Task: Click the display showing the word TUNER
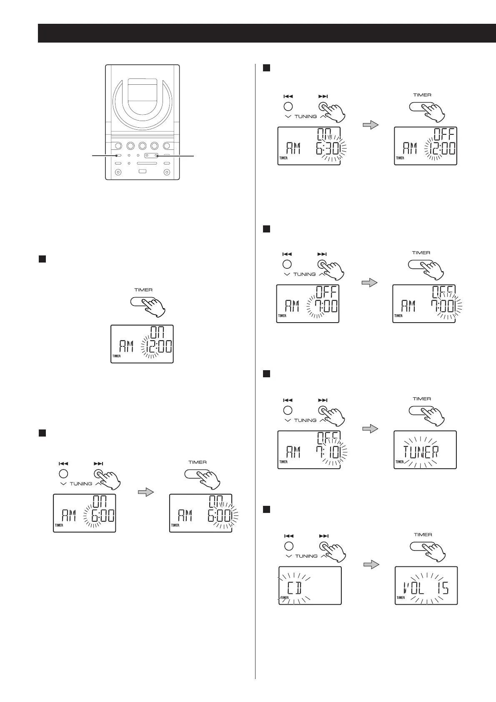[425, 449]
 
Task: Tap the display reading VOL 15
[426, 585]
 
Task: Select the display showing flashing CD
[310, 585]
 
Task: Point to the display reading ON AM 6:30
[309, 146]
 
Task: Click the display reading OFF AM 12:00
[425, 146]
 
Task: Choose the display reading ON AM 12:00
[142, 343]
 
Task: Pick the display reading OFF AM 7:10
[309, 449]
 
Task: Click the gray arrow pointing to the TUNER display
[370, 429]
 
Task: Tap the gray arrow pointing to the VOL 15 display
[371, 564]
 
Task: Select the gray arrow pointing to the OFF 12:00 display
[370, 125]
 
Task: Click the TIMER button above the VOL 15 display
[422, 546]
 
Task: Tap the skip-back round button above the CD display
[288, 546]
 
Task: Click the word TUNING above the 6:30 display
[306, 116]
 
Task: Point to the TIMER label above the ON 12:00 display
[143, 290]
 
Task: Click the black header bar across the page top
[267, 33]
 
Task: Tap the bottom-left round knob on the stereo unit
[118, 172]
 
